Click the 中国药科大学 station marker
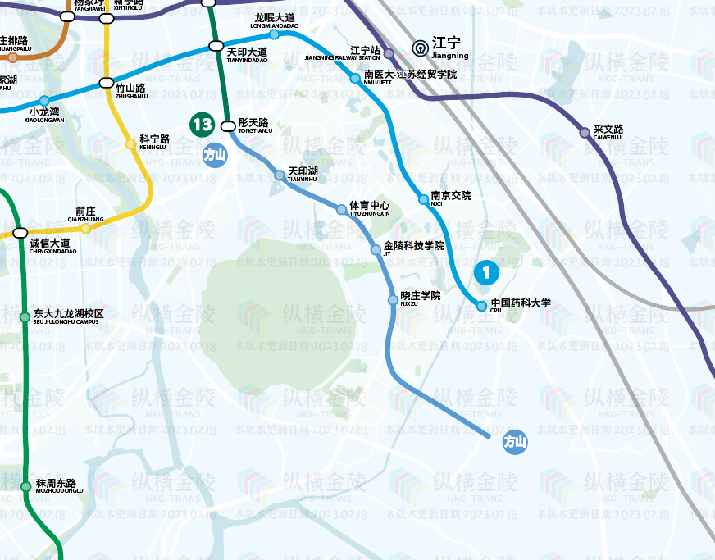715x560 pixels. [x=482, y=307]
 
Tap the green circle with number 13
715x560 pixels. [x=201, y=125]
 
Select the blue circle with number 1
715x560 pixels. [x=486, y=271]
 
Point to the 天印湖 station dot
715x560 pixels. [x=280, y=175]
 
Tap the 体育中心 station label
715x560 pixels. [x=369, y=207]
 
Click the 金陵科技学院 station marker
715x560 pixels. [x=376, y=249]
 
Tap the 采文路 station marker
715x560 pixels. [x=585, y=132]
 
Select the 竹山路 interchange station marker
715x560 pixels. [x=106, y=83]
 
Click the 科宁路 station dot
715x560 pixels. [x=130, y=144]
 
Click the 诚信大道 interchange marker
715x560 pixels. [x=20, y=233]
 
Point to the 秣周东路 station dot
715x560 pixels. [x=26, y=486]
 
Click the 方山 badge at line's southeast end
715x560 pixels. [x=515, y=442]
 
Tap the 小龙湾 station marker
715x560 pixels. [x=44, y=100]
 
